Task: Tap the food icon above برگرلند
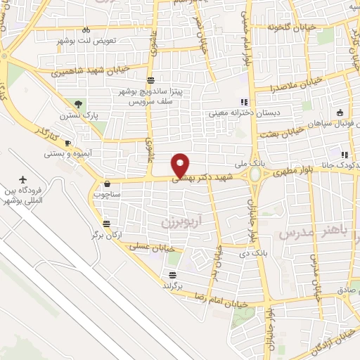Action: tap(172, 274)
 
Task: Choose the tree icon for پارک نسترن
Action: tap(77, 104)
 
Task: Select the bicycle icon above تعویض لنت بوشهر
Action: tap(86, 30)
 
